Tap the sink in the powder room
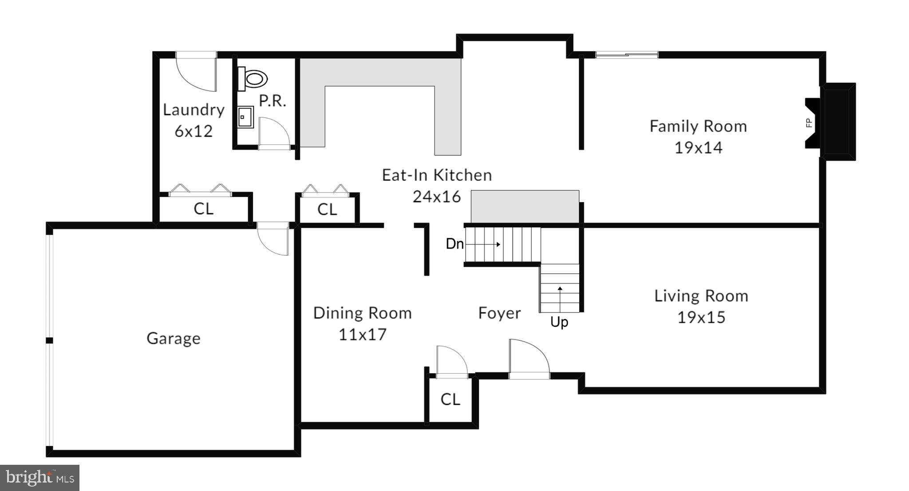point(245,117)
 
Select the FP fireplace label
point(809,123)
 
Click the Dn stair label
point(454,244)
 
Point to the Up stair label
point(559,322)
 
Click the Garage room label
point(174,339)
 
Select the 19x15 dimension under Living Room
point(701,318)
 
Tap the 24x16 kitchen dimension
point(437,197)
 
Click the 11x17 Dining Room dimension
point(363,335)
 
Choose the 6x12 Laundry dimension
point(194,131)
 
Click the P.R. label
point(272,101)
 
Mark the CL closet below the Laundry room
point(203,209)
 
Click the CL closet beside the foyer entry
point(450,399)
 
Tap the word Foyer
point(499,313)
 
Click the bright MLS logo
point(40,478)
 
